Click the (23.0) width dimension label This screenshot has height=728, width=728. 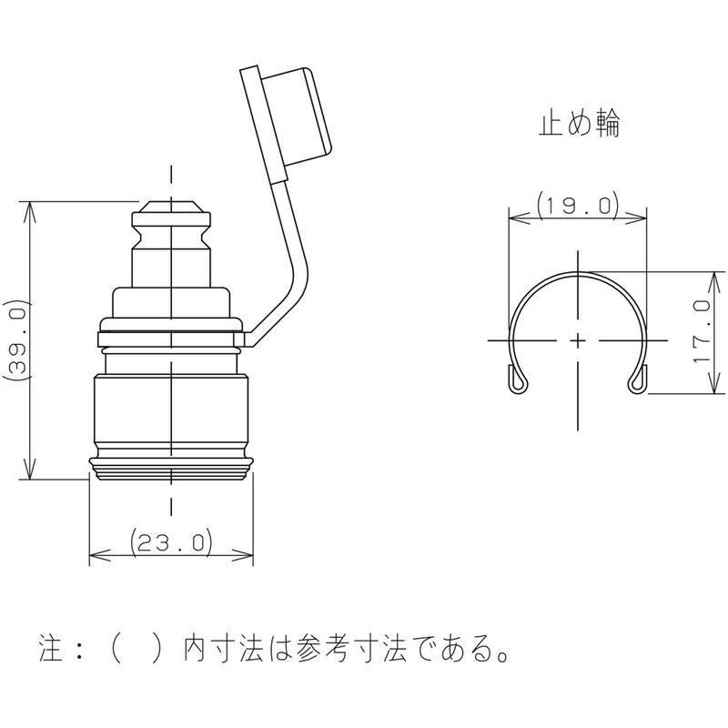(x=171, y=543)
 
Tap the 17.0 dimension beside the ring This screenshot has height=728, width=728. (x=700, y=331)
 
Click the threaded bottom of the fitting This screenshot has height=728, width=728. (x=171, y=470)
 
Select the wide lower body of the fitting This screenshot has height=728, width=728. (x=171, y=414)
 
